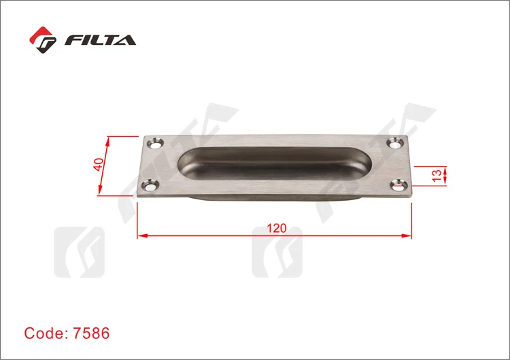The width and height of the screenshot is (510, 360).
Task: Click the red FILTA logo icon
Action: click(x=44, y=40)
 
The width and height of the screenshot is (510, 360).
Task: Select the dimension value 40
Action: click(x=99, y=165)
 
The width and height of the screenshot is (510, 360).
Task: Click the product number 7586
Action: click(x=87, y=334)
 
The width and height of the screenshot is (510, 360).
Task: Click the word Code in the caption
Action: click(x=41, y=334)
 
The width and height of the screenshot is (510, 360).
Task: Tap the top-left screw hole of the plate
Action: click(x=156, y=144)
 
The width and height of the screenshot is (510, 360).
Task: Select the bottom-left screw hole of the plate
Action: click(x=149, y=184)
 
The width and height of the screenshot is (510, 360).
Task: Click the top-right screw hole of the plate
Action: click(x=395, y=143)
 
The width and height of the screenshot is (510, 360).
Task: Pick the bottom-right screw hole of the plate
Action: click(x=399, y=184)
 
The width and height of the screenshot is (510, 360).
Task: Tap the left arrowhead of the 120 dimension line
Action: click(x=141, y=236)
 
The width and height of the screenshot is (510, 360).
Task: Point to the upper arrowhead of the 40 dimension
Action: click(x=108, y=140)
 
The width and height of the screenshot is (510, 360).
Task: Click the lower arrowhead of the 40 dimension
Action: click(x=101, y=191)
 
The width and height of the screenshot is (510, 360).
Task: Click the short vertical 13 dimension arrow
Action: click(x=445, y=174)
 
